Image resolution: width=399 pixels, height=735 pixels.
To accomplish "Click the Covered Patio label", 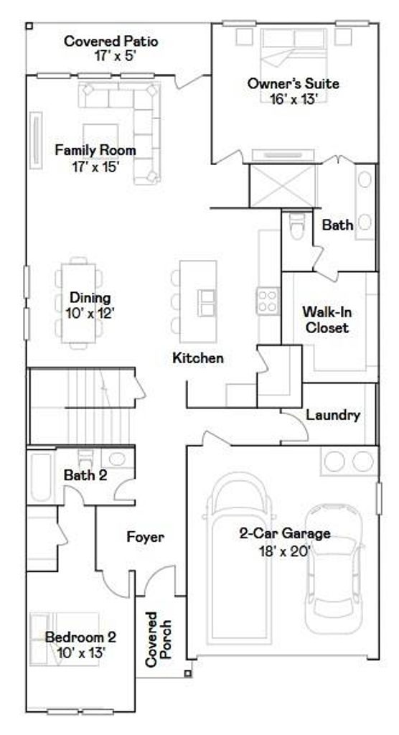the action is [111, 41].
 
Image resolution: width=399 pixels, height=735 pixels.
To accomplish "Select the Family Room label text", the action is [95, 151].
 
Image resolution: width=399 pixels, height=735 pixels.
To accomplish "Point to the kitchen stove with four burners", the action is [268, 301].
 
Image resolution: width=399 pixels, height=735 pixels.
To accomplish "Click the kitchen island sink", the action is [206, 302].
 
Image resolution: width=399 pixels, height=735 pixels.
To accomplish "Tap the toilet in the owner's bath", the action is [296, 226].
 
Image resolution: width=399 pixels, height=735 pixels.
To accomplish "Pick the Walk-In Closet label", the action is [327, 319].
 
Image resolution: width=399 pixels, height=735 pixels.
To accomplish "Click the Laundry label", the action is [334, 415].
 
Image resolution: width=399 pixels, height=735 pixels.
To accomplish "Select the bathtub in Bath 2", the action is [41, 477].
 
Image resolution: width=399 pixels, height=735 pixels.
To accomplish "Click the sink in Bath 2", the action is [117, 458].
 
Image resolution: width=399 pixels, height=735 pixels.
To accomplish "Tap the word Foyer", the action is [146, 537].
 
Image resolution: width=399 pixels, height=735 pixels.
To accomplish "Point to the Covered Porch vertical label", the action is [158, 639].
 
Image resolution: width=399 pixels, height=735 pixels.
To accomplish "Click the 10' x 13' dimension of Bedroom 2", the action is [82, 653].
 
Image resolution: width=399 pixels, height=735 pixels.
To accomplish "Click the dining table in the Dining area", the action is [79, 304].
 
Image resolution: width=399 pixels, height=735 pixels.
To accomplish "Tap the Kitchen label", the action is [198, 359].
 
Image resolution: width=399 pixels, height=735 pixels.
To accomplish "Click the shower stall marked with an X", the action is [283, 186].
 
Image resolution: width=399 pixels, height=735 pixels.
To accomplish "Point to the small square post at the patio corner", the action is [29, 27].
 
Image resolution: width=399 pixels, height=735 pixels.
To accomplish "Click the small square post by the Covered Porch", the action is [187, 673].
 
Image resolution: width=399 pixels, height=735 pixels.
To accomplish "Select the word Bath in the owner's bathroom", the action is [337, 225].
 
